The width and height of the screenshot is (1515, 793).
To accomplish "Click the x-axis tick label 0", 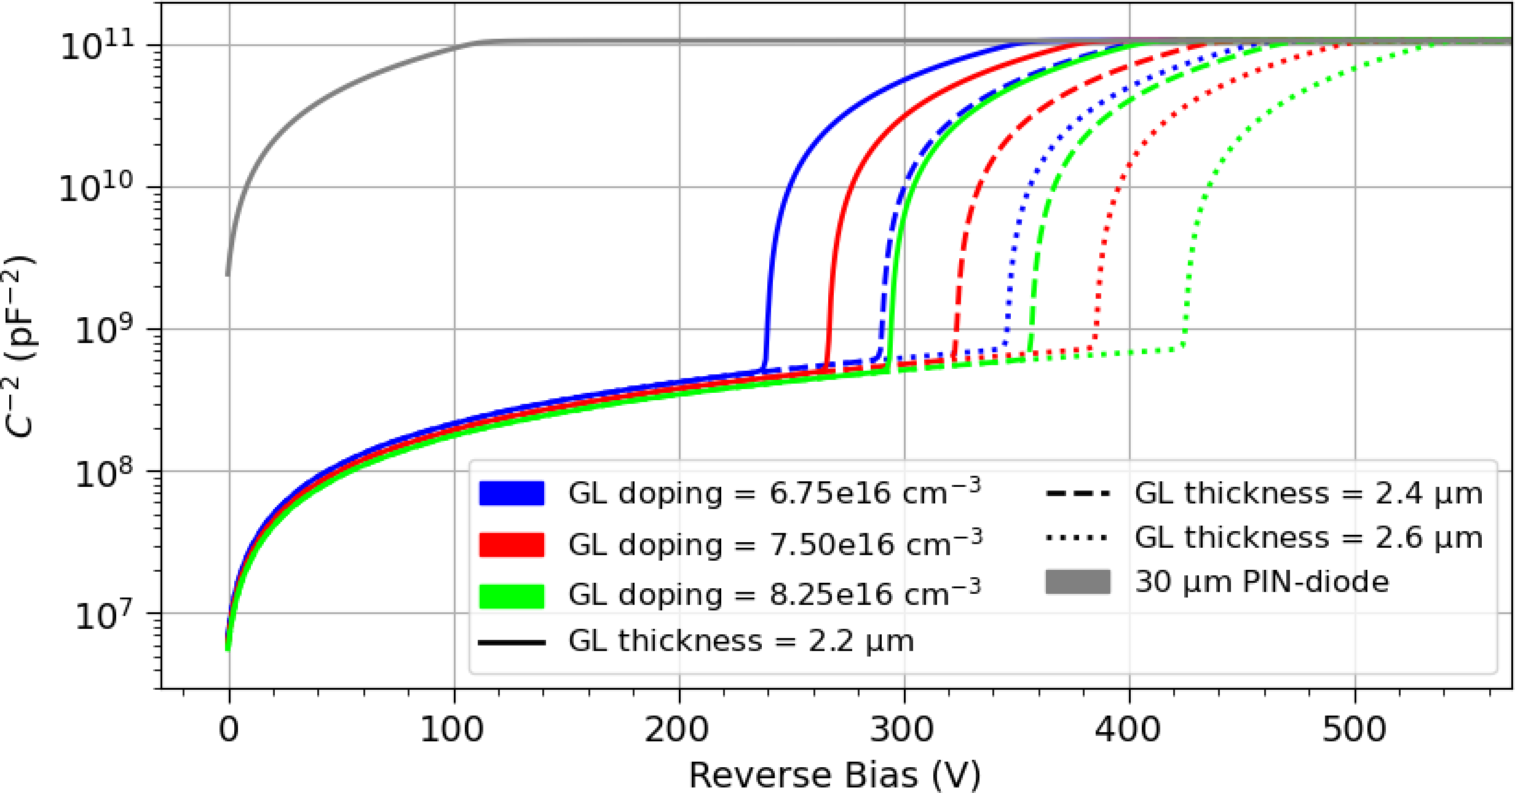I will point(229,730).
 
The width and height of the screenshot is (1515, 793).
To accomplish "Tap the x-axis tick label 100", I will point(453,730).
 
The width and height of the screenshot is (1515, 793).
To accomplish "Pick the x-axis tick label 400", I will point(1128,730).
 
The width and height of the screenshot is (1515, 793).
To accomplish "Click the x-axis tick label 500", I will point(1355,730).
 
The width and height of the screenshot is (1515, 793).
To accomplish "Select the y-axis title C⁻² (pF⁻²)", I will point(20,345).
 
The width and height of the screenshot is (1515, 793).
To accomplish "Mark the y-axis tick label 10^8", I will point(103,473).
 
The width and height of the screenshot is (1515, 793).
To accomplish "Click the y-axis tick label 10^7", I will point(103,614).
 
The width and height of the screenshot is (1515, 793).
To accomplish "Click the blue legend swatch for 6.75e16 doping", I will point(512,493).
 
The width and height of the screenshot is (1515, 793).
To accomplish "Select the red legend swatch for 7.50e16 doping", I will point(512,545).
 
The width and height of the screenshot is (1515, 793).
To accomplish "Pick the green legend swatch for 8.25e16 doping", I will point(512,595).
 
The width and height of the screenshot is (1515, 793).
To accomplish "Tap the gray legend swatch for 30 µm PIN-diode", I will point(1078,582).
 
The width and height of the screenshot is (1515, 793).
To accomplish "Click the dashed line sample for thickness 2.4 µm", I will point(1078,493).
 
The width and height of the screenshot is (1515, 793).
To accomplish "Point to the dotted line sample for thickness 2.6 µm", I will point(1078,538).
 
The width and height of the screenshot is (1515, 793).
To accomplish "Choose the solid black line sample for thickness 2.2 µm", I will point(512,642).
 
